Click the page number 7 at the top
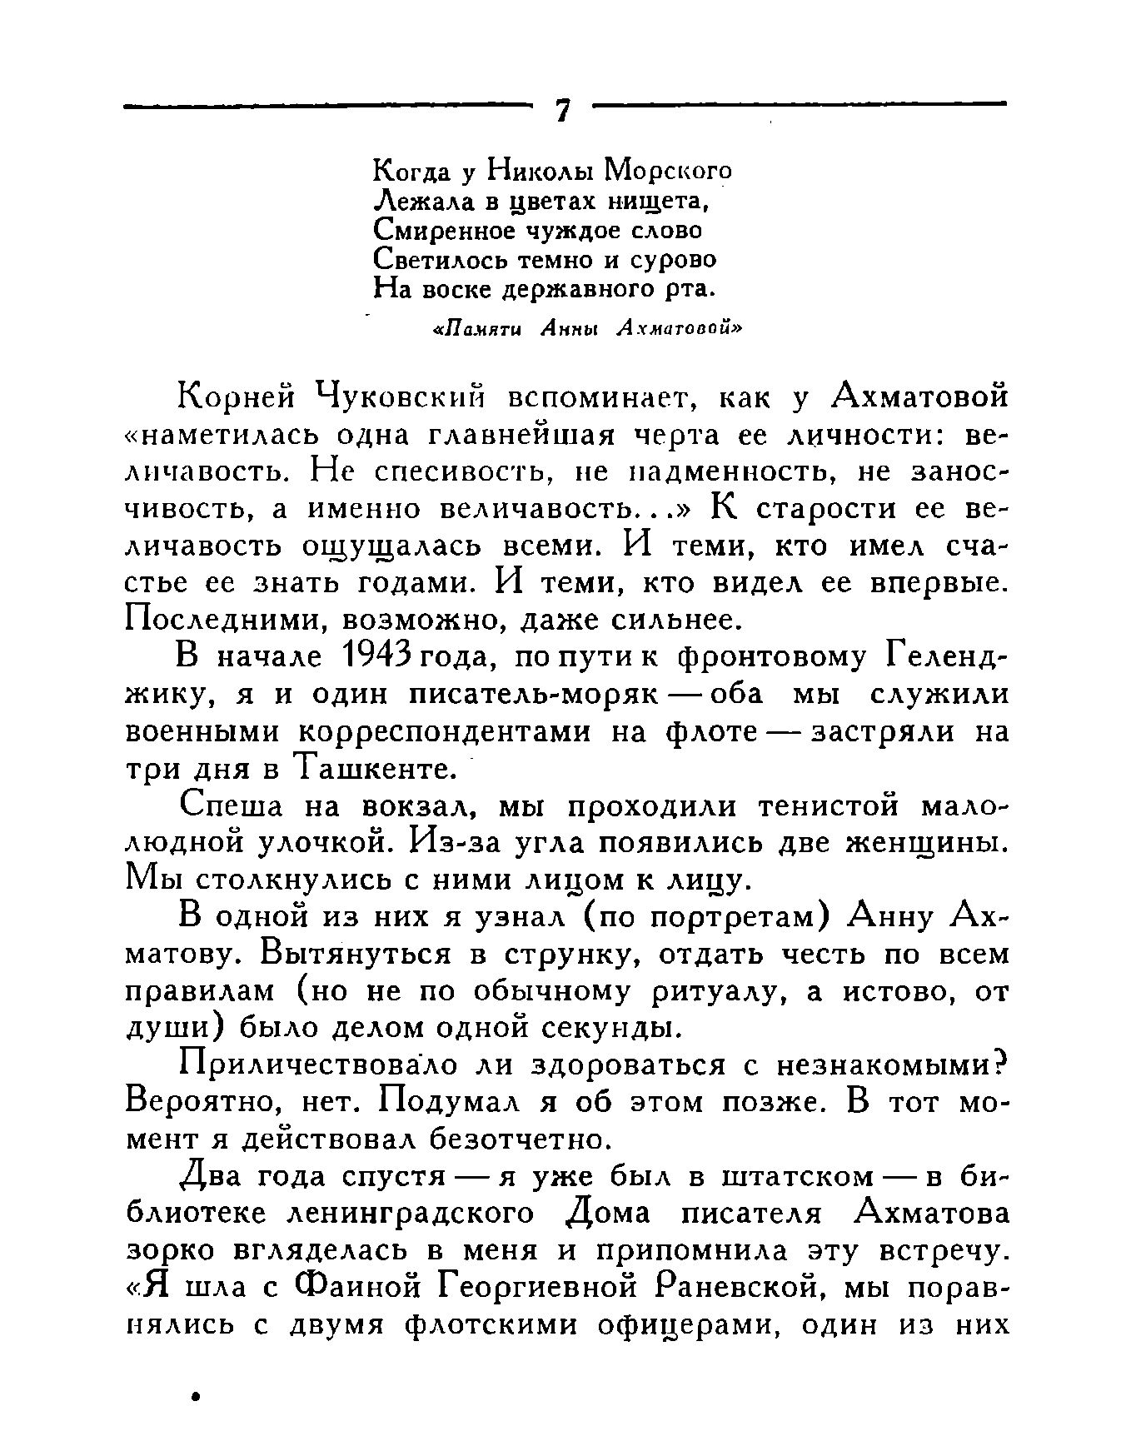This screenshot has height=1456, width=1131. (563, 111)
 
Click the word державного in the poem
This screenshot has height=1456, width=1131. (575, 289)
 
